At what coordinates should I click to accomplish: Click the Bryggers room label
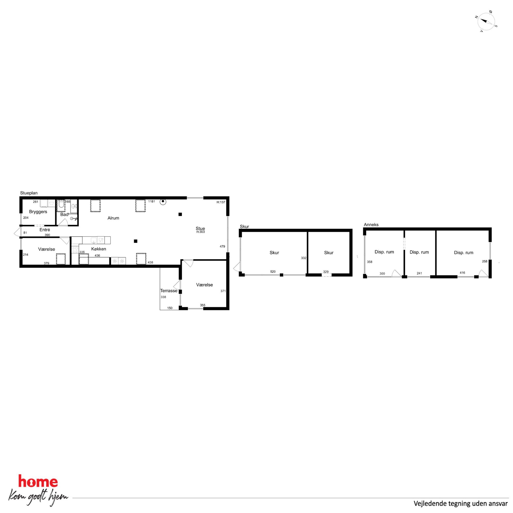click(38, 212)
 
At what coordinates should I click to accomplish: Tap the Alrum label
click(113, 218)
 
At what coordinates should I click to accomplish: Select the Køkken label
click(99, 249)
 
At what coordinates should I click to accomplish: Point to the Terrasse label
click(169, 290)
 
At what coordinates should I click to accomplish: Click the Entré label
click(45, 230)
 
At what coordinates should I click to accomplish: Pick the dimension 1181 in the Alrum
click(152, 201)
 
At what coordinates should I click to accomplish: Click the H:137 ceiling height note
click(221, 202)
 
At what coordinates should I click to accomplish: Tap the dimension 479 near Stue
click(222, 246)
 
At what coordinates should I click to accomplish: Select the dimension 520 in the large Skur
click(273, 272)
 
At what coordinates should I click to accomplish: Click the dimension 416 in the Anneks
click(462, 273)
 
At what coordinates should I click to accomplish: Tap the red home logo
click(38, 481)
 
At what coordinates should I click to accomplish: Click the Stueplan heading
click(29, 193)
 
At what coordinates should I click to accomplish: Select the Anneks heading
click(371, 225)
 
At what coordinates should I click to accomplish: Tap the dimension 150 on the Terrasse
click(170, 308)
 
